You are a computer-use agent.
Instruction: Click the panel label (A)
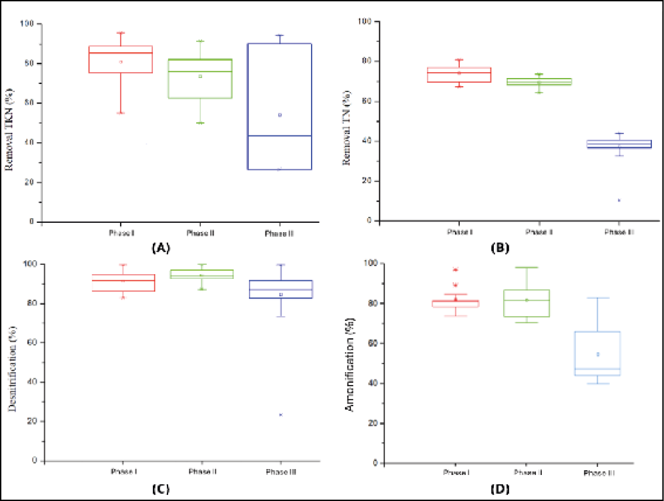pyautogui.click(x=161, y=248)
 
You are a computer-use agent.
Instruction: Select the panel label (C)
pyautogui.click(x=160, y=488)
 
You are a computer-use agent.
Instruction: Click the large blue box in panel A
pyautogui.click(x=280, y=106)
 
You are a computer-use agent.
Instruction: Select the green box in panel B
pyautogui.click(x=539, y=81)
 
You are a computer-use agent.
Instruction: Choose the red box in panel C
pyautogui.click(x=123, y=282)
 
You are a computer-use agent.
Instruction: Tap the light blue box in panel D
pyautogui.click(x=598, y=354)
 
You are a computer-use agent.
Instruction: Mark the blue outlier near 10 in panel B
pyautogui.click(x=619, y=200)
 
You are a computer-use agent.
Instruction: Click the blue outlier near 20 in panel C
pyautogui.click(x=281, y=415)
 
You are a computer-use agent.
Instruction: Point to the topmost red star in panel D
pyautogui.click(x=455, y=270)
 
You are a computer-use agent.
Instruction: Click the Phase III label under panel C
pyautogui.click(x=281, y=472)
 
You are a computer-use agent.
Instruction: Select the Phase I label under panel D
pyautogui.click(x=456, y=472)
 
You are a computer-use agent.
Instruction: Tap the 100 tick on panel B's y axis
pyautogui.click(x=365, y=21)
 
